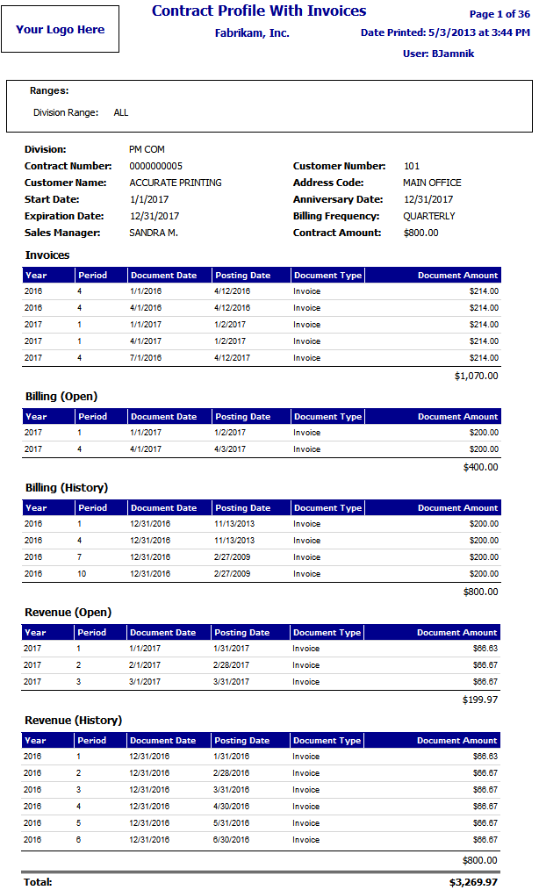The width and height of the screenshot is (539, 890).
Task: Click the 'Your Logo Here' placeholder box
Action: click(60, 29)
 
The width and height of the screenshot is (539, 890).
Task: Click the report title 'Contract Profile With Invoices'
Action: click(259, 11)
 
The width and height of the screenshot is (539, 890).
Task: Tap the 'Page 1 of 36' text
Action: click(499, 14)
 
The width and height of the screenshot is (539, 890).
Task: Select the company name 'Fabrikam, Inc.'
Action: click(252, 33)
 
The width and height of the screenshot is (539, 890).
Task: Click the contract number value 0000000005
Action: click(155, 166)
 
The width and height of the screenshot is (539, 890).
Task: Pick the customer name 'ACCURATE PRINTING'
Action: click(176, 183)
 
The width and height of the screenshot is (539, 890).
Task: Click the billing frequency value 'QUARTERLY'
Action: click(429, 216)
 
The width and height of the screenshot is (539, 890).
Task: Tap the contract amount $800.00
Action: click(421, 233)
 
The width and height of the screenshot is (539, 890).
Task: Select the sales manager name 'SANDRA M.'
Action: click(154, 233)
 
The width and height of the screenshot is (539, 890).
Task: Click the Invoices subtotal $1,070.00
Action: click(476, 376)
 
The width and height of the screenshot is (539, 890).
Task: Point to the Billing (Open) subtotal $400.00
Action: click(480, 467)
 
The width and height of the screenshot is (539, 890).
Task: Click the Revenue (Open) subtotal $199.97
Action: click(480, 700)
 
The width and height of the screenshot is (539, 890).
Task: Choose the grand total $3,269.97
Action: click(474, 881)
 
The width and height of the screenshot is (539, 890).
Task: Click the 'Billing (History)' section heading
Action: click(67, 487)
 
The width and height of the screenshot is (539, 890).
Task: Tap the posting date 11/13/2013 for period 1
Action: click(234, 524)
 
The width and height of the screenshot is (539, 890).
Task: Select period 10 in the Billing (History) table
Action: click(83, 574)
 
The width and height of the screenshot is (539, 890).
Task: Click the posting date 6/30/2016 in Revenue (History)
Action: click(232, 840)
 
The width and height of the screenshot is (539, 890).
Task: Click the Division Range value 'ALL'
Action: click(121, 113)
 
